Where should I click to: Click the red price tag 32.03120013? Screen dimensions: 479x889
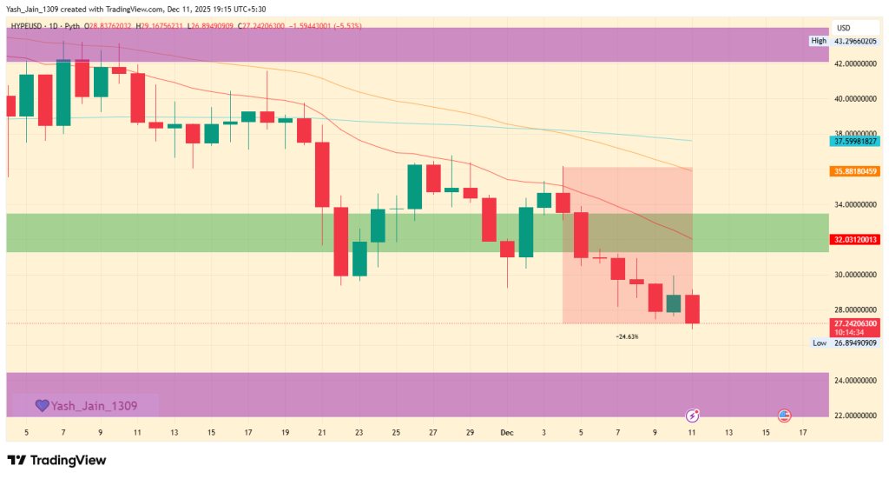[x=853, y=239]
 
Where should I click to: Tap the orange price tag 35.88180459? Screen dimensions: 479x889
[x=853, y=171]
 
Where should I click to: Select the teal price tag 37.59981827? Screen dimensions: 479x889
[x=853, y=141]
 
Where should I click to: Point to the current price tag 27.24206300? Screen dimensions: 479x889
[x=853, y=323]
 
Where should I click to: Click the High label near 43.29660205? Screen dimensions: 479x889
[x=818, y=41]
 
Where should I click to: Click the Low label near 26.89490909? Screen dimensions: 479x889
[x=819, y=343]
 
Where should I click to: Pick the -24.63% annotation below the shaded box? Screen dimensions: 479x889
[x=626, y=336]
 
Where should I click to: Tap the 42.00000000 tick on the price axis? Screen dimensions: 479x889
[x=853, y=64]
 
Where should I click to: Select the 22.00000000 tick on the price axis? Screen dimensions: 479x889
[x=853, y=416]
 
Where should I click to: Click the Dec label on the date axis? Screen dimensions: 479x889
[x=506, y=432]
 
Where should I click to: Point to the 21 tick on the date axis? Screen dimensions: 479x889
[x=322, y=432]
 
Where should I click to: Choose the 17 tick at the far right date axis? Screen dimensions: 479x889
[x=802, y=432]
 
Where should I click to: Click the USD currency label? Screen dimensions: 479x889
[x=843, y=28]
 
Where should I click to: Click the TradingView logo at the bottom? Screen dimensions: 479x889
[x=56, y=460]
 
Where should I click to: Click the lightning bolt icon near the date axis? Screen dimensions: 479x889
[x=693, y=416]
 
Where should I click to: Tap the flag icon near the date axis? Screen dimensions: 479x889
[x=784, y=416]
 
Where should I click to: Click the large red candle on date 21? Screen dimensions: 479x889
[x=322, y=174]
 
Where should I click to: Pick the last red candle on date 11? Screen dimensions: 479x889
[x=692, y=309]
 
